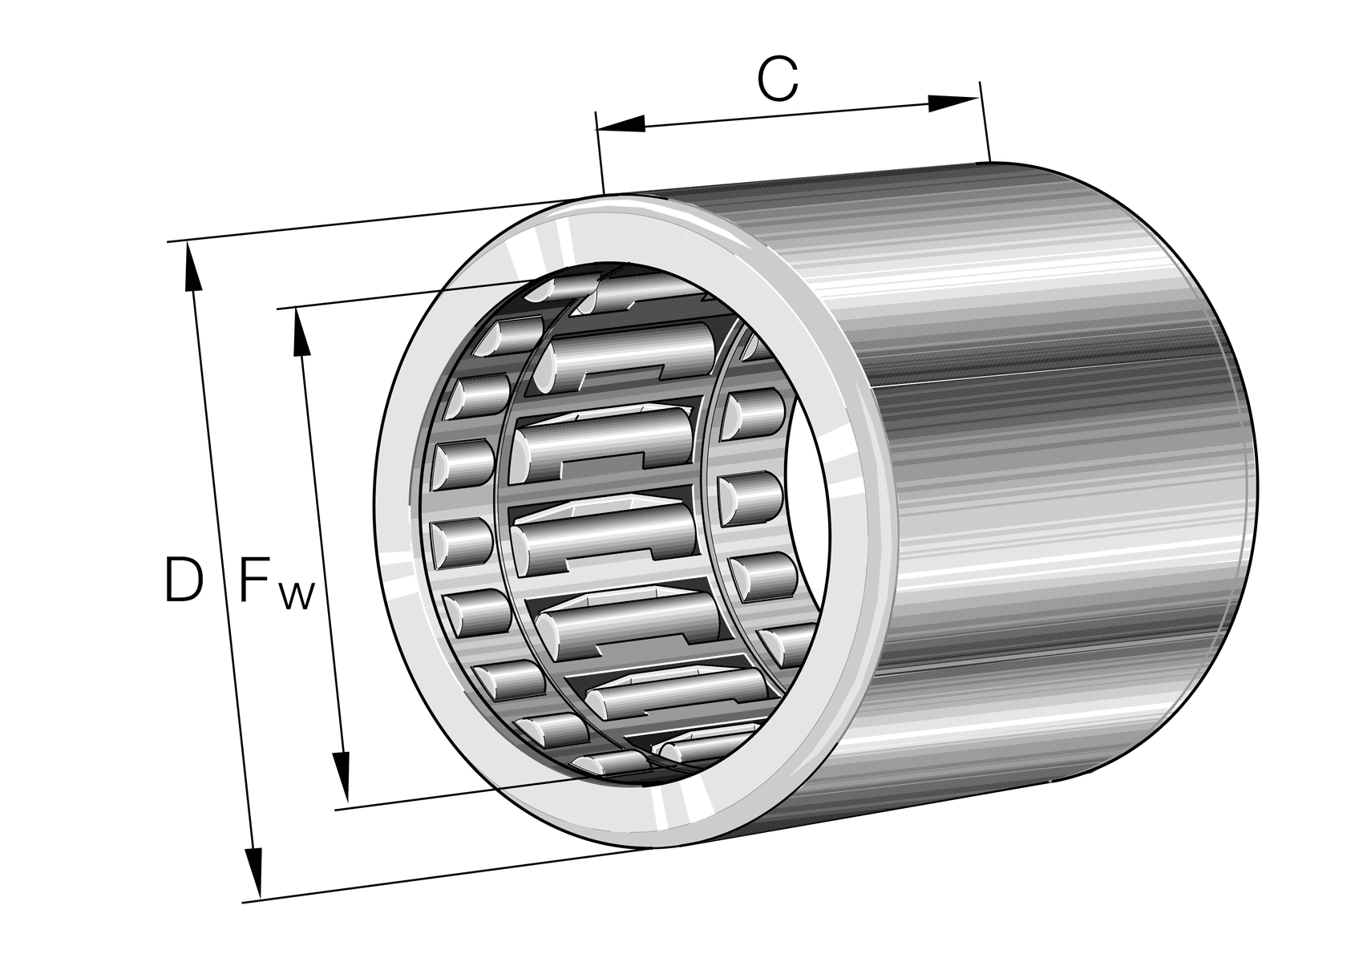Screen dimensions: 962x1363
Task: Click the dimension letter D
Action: coord(183,581)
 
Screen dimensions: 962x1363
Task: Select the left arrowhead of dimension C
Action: coord(622,124)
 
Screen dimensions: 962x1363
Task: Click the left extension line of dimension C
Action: coord(598,152)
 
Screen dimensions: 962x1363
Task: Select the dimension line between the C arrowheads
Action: coord(786,114)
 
